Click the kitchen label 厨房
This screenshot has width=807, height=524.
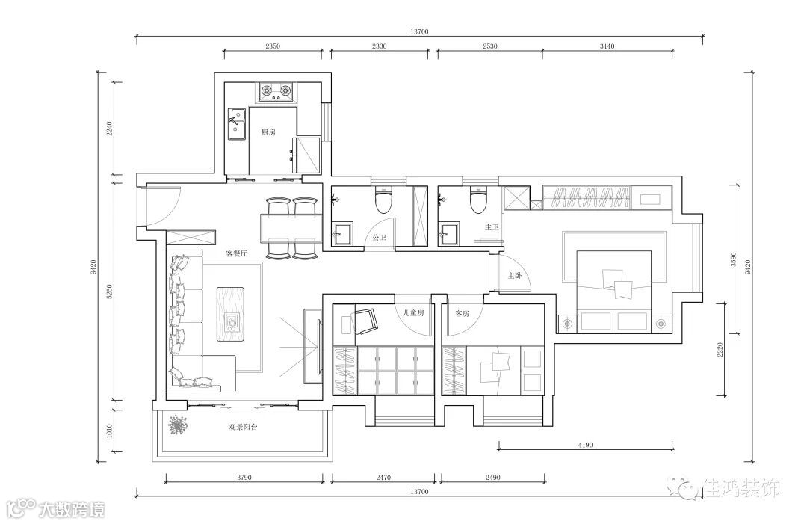tap(268, 132)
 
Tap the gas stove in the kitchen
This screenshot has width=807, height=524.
tap(276, 92)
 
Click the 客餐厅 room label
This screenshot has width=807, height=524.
tap(237, 253)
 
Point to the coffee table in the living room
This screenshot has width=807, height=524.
tap(231, 315)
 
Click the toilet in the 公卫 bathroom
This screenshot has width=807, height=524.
tap(383, 201)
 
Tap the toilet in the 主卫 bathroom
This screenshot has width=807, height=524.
tap(478, 201)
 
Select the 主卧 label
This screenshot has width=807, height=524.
tap(515, 276)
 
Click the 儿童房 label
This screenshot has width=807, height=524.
tap(413, 313)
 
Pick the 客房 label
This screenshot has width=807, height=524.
tap(463, 313)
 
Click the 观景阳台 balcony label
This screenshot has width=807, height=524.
tap(243, 428)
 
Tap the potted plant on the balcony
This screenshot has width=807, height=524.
tap(178, 425)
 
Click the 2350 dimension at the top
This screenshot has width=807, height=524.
tap(272, 46)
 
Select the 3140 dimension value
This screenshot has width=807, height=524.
tap(607, 46)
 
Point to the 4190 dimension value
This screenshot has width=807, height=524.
tap(585, 445)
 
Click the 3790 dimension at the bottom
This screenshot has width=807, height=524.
tap(244, 477)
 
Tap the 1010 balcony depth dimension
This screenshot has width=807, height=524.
tap(108, 431)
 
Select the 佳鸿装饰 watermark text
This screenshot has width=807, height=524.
tap(741, 487)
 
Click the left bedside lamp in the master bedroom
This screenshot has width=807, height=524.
tap(567, 324)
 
